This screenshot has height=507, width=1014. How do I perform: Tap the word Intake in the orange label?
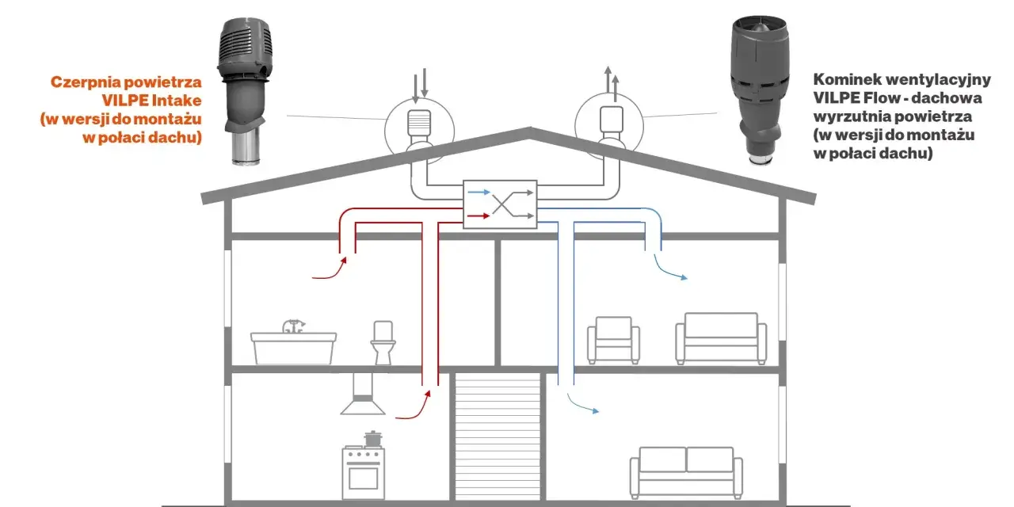[177, 100]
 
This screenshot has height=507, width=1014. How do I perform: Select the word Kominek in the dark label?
[847, 80]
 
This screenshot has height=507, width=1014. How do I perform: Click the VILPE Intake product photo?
[245, 90]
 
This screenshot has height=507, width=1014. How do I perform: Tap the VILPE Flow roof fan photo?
[760, 90]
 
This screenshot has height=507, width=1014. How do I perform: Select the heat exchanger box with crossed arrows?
[500, 204]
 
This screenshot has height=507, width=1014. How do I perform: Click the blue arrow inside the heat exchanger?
[479, 193]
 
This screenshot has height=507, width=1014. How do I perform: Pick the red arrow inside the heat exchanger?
[478, 216]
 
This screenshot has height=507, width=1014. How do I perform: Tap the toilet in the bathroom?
[383, 343]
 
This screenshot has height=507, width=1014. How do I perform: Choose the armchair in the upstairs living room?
[613, 340]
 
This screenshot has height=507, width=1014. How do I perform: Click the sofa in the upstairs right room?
[721, 338]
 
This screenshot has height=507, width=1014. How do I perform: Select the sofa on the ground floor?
[686, 473]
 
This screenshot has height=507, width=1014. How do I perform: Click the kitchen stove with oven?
[363, 473]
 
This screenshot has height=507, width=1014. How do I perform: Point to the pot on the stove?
[372, 439]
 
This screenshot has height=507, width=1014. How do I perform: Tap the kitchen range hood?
[363, 394]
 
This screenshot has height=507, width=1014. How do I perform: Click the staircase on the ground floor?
[497, 436]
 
